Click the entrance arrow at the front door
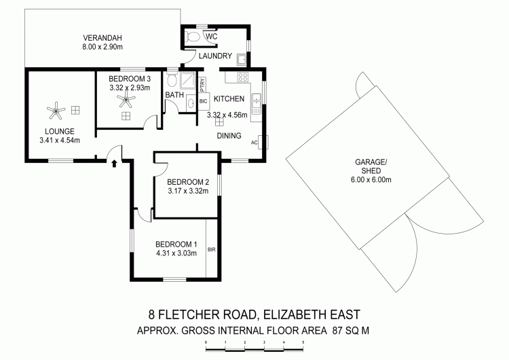click(x=114, y=163)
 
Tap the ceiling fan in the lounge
click(x=56, y=111)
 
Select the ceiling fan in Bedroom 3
click(x=126, y=98)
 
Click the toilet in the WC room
click(x=193, y=37)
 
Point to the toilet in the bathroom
click(x=172, y=80)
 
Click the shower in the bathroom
click(x=188, y=80)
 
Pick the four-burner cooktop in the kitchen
click(x=242, y=77)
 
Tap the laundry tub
click(x=242, y=59)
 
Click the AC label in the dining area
click(x=254, y=143)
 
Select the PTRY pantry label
click(x=202, y=85)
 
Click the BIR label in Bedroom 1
click(x=211, y=250)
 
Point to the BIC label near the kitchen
click(x=203, y=101)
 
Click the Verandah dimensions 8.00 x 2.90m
click(x=102, y=47)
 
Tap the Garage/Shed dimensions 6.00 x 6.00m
click(x=371, y=179)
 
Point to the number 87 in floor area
click(x=337, y=331)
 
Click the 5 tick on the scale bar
click(x=303, y=342)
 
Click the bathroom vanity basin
click(x=191, y=103)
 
